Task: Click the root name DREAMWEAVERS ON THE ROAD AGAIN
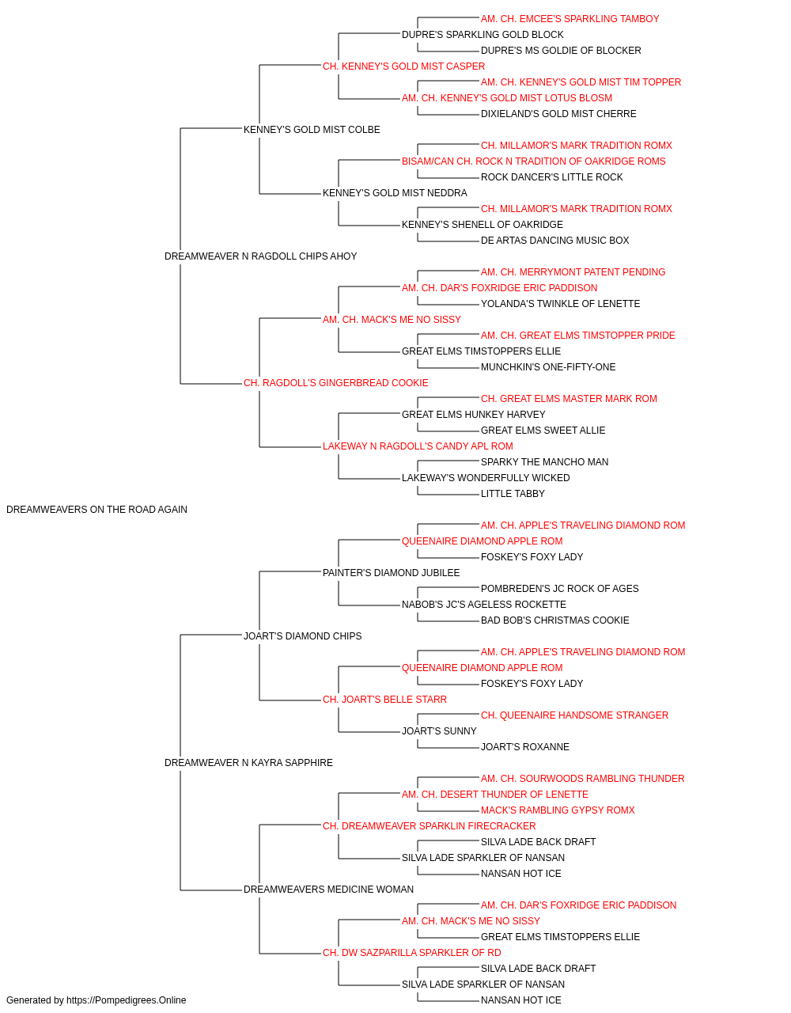coord(97,510)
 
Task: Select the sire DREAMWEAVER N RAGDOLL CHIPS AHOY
coord(260,256)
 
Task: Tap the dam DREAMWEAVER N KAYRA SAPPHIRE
coord(248,763)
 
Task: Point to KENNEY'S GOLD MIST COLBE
coord(312,130)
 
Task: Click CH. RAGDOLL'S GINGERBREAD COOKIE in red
coord(336,383)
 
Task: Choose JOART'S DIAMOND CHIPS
coord(302,635)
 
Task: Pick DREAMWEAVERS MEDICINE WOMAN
coord(328,889)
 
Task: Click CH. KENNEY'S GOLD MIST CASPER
coord(404,66)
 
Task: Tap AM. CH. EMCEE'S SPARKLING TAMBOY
coord(570,19)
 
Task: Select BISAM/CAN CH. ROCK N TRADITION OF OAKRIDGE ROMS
coord(533,161)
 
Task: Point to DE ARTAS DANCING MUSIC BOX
coord(554,240)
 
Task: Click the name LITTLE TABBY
coord(513,493)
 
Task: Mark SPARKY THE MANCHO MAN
coord(544,461)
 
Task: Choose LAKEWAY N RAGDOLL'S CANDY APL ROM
coord(418,446)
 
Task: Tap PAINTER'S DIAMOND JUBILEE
coord(391,572)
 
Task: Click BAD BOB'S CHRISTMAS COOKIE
coord(554,620)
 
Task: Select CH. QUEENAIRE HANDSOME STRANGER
coord(574,715)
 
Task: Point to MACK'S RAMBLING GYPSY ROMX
coord(558,810)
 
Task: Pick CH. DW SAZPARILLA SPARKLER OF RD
coord(412,952)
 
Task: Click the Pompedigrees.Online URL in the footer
coord(126,1000)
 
